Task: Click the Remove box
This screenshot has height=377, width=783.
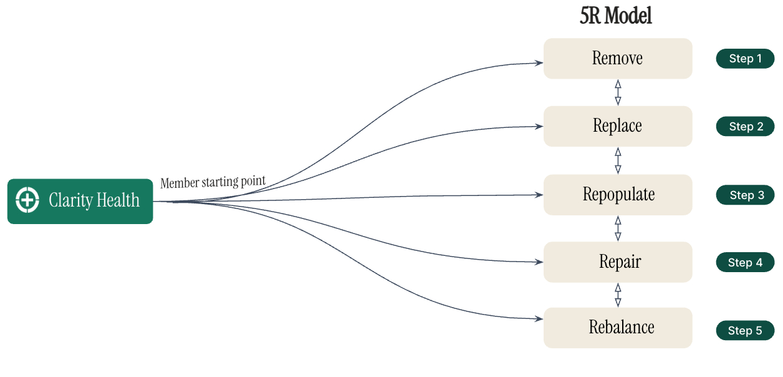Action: (x=617, y=59)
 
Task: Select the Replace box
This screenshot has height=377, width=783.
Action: (x=617, y=126)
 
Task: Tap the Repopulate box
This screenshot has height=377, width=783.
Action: (x=617, y=195)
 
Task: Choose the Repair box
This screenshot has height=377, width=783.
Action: (x=617, y=262)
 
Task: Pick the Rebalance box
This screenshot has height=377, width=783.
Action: (x=617, y=328)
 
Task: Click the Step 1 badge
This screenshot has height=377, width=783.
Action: (x=745, y=59)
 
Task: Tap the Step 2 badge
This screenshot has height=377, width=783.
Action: (x=745, y=127)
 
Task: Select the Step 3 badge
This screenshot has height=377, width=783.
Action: (x=745, y=195)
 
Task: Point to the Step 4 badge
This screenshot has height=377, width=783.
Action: (x=745, y=263)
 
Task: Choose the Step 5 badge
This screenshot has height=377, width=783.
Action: (x=745, y=331)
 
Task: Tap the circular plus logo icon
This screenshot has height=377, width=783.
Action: (x=27, y=200)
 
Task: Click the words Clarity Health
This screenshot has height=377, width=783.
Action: (x=94, y=200)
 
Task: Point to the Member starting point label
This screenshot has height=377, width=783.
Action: (x=213, y=182)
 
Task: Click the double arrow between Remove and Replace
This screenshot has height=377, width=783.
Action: (x=618, y=92)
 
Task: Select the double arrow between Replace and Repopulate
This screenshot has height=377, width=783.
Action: (x=618, y=160)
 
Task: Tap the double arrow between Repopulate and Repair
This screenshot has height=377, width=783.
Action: (x=618, y=228)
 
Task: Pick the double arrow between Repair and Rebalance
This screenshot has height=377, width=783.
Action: (x=618, y=295)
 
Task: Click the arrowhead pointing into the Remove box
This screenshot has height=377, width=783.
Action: (x=538, y=62)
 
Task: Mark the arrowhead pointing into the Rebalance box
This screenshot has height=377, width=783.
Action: (x=538, y=319)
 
